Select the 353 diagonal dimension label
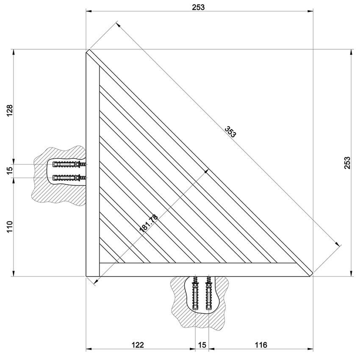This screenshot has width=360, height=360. point(231,132)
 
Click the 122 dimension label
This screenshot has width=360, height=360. point(138,345)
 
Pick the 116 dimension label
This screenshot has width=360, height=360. point(261,345)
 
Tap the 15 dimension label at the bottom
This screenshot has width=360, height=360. point(202,345)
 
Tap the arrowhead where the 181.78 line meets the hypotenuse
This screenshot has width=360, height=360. point(207,170)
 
